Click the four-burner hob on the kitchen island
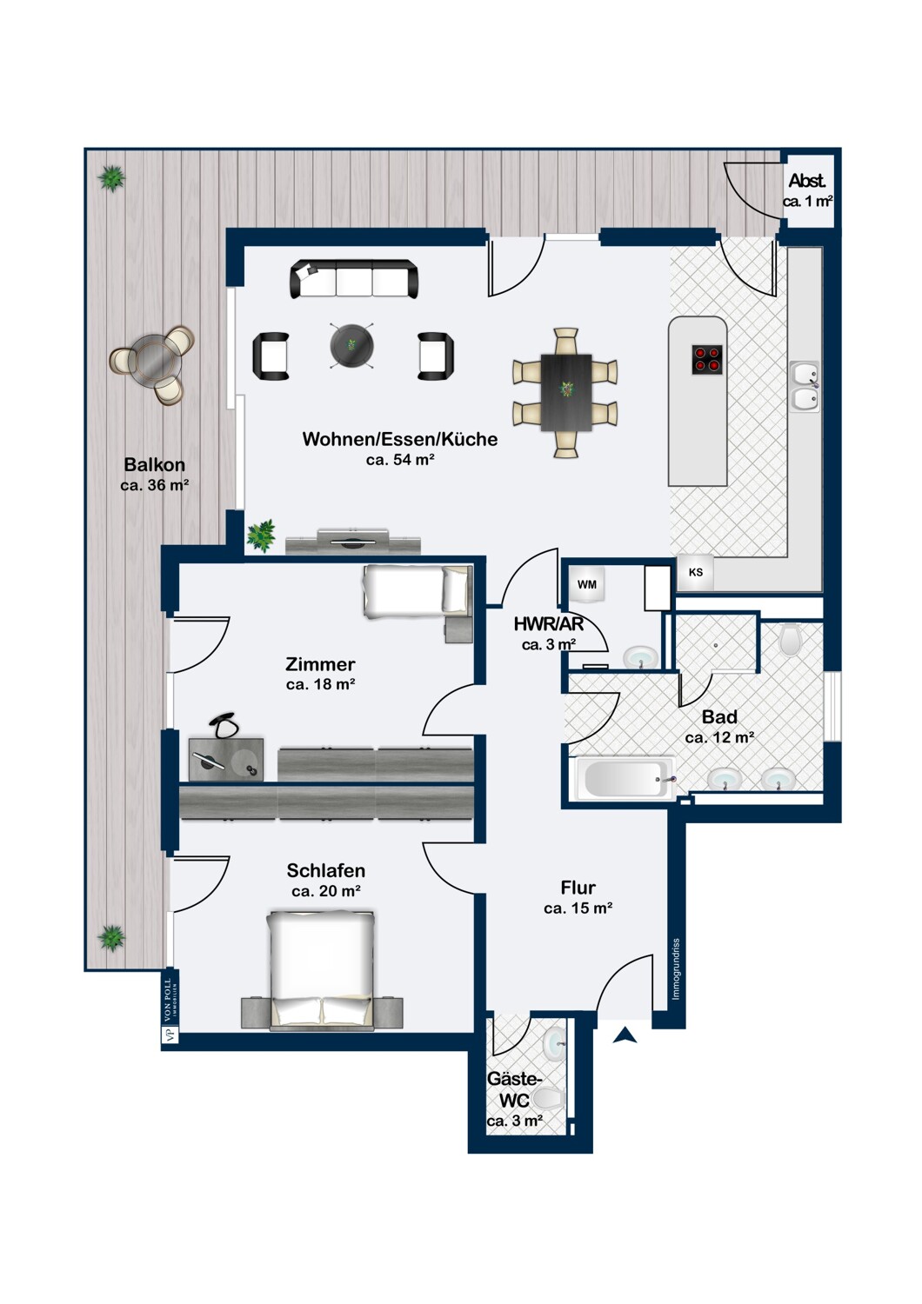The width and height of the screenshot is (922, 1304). tap(707, 359)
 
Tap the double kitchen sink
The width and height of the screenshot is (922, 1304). tap(805, 386)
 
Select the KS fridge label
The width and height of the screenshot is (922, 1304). tap(696, 572)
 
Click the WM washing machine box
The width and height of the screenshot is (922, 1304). tap(587, 584)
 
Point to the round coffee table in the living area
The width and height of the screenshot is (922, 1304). tap(351, 345)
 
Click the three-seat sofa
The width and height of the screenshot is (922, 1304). tap(354, 279)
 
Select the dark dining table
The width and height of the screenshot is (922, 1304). tap(566, 392)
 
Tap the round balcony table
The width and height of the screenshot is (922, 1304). tap(157, 364)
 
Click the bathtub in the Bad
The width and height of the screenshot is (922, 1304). tap(625, 778)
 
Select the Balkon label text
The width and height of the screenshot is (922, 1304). tap(154, 464)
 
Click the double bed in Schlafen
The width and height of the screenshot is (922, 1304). tap(320, 969)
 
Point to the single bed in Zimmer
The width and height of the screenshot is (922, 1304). tap(417, 590)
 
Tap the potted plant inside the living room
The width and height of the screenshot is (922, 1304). tap(260, 536)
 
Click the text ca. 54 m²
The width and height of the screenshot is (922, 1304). tap(400, 460)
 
